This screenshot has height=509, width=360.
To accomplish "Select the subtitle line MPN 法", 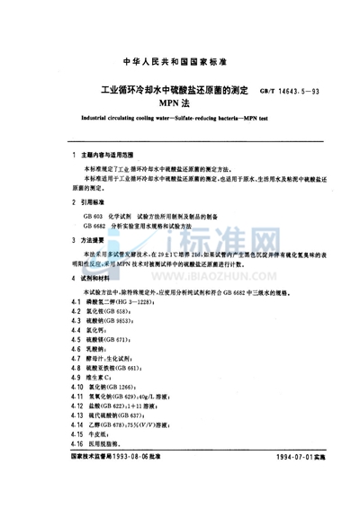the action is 180,106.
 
